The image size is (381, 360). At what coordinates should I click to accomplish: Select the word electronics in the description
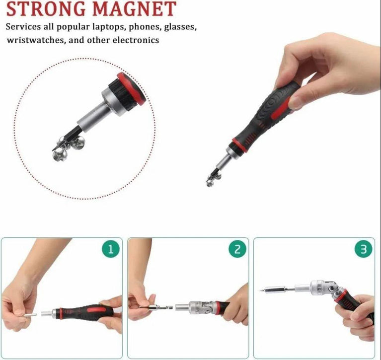135,40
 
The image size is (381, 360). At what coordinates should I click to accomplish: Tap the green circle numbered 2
237,249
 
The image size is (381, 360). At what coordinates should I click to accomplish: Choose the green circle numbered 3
364,249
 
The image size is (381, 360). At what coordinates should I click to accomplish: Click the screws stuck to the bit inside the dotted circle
67,148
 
